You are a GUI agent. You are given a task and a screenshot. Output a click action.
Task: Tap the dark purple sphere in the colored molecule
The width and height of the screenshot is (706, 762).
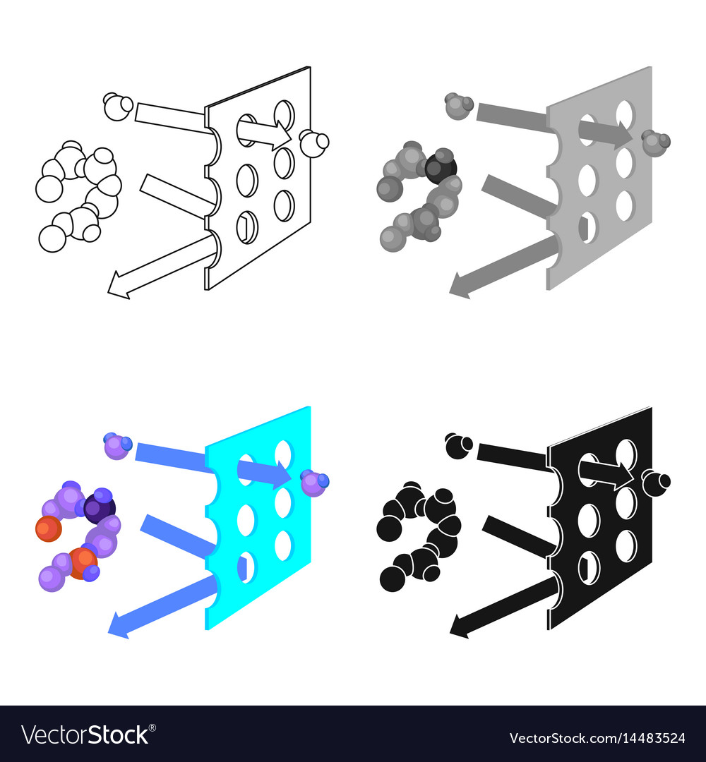click(100, 508)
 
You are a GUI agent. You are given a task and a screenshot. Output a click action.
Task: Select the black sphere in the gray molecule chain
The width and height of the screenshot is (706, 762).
click(441, 168)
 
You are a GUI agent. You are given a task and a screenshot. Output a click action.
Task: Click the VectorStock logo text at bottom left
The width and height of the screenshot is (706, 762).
click(85, 735)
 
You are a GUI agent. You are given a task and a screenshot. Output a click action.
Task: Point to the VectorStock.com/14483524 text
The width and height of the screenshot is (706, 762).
click(597, 738)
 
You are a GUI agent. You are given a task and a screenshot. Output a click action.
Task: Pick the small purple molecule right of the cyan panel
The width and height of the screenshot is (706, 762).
click(314, 483)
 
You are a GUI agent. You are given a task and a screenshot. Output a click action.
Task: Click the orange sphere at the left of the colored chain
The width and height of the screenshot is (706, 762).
click(48, 529)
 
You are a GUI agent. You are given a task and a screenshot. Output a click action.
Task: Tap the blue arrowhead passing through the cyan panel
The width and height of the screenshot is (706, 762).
click(282, 475)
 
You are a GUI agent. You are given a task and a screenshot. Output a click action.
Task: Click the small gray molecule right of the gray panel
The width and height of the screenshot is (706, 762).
click(656, 143)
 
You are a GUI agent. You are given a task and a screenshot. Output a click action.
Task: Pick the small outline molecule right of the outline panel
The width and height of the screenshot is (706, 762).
click(314, 143)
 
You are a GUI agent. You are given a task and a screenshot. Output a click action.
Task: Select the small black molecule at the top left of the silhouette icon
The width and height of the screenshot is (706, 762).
click(459, 446)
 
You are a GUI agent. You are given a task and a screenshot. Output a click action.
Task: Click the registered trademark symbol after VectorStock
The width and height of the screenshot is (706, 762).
click(152, 727)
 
